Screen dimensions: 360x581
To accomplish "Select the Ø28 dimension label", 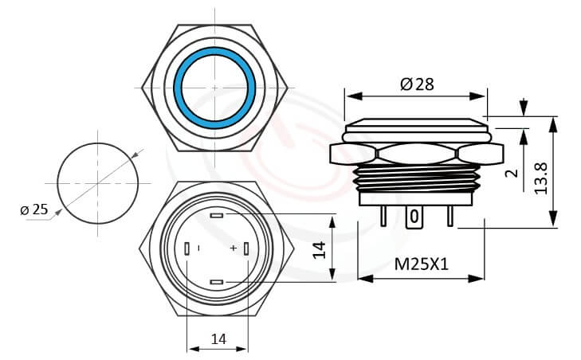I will [x=417, y=84].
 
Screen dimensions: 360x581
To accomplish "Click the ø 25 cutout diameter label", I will [x=33, y=209].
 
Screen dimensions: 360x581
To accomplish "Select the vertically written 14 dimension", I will [x=320, y=248].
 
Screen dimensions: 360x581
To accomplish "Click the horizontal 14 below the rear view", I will [x=218, y=338].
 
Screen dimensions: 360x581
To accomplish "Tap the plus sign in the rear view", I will [x=233, y=249].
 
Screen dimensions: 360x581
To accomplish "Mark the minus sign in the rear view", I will [x=199, y=249].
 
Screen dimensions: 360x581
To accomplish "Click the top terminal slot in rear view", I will [x=217, y=215].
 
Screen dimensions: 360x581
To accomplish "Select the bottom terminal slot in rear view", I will [x=217, y=283].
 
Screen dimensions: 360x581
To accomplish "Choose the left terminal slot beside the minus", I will [x=186, y=249].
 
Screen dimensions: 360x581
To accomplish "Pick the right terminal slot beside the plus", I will [x=247, y=249].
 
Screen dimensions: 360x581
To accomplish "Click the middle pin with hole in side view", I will [x=414, y=217].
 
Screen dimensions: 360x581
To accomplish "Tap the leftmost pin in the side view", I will [x=385, y=217].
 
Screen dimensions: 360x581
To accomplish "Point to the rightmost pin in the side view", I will [x=450, y=217].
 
